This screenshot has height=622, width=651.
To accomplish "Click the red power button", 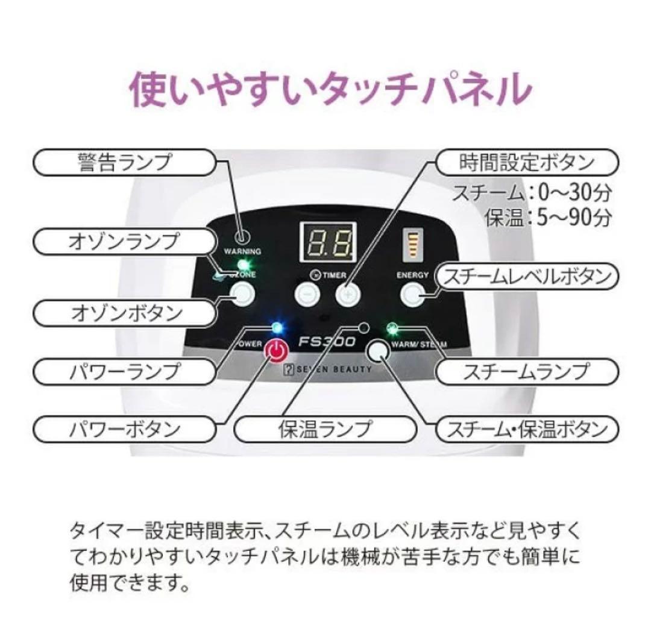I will tap(275, 351).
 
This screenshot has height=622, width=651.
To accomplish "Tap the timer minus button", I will tap(307, 294).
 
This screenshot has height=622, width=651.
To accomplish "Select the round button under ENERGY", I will tap(412, 294).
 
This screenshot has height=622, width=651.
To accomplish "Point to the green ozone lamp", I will tap(243, 265).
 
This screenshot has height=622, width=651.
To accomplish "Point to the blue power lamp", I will tap(277, 327).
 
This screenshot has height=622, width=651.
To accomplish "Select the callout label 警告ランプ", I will tap(124, 163).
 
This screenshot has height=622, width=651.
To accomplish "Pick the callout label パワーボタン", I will tap(124, 429).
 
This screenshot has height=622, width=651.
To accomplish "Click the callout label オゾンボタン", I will tap(124, 313).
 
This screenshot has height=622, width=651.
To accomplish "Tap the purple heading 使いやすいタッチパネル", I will tap(331, 90).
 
